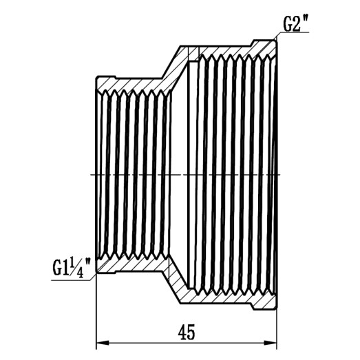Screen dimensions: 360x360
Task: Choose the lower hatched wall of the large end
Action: (234, 299)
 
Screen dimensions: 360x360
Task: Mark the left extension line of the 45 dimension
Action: (96, 310)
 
